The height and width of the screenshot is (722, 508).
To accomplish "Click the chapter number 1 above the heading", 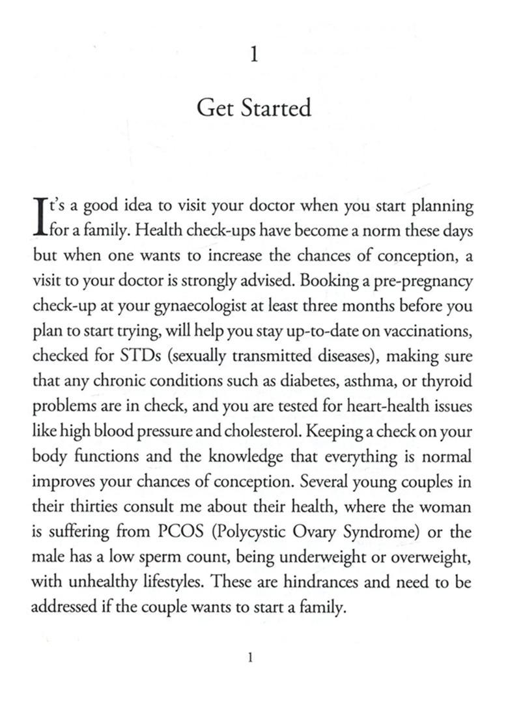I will point(254,55).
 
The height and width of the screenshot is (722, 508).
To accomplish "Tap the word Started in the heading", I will point(275,108).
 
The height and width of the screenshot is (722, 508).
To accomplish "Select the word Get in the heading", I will point(216,108).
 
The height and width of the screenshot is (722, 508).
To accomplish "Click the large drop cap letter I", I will point(40,218).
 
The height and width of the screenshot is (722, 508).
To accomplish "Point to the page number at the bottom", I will point(251,659).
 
